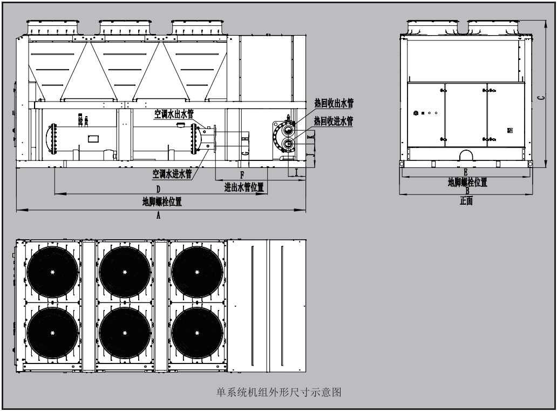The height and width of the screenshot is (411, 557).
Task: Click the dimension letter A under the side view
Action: pos(158,214)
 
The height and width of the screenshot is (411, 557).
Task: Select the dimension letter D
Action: pos(158,189)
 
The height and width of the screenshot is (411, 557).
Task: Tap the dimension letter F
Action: pos(242,175)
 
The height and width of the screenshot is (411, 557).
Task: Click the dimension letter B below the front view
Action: pos(467,191)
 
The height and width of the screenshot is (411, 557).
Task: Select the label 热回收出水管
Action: pos(334,103)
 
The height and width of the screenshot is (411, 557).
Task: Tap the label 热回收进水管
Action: pos(334,120)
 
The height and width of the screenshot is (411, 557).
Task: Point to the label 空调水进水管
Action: pos(172,174)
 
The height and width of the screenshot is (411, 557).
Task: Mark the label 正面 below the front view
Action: pos(466,201)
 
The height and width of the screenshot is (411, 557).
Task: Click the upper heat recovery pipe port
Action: pos(288,130)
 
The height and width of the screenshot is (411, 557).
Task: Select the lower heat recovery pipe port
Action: pos(288,144)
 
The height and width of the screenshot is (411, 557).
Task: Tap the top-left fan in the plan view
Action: pos(52,272)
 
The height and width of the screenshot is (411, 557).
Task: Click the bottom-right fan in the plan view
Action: pos(197,332)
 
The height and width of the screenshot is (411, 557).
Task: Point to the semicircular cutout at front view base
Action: pos(466,156)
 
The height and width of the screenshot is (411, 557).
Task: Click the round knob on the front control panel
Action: pos(416,113)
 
